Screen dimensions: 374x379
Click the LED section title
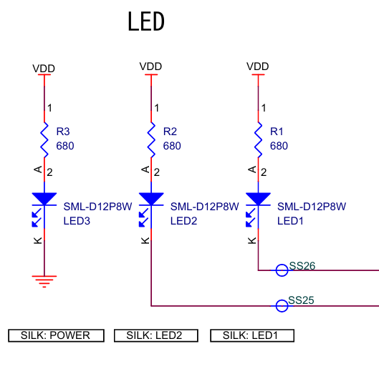pyautogui.click(x=146, y=22)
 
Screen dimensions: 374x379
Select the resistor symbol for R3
pyautogui.click(x=44, y=139)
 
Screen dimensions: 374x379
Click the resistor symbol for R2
pyautogui.click(x=151, y=139)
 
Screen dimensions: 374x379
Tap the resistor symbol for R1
pyautogui.click(x=258, y=139)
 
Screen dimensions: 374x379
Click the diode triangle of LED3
pyautogui.click(x=44, y=199)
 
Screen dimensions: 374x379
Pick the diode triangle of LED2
pyautogui.click(x=151, y=199)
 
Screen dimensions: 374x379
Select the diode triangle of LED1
pyautogui.click(x=258, y=199)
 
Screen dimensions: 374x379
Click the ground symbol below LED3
pyautogui.click(x=44, y=280)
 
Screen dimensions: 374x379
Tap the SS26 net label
pyautogui.click(x=302, y=265)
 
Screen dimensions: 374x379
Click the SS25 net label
pyautogui.click(x=302, y=300)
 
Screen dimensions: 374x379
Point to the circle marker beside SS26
pyautogui.click(x=282, y=270)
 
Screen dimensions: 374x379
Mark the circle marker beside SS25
pyautogui.click(x=282, y=305)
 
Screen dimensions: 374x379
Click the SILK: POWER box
pyautogui.click(x=56, y=335)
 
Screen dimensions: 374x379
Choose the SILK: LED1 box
pyautogui.click(x=251, y=335)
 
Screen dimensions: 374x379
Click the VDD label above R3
pyautogui.click(x=44, y=69)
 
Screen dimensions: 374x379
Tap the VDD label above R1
pyautogui.click(x=257, y=66)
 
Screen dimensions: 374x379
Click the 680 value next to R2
pyautogui.click(x=172, y=145)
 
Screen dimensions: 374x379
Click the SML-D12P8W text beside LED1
pyautogui.click(x=311, y=207)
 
